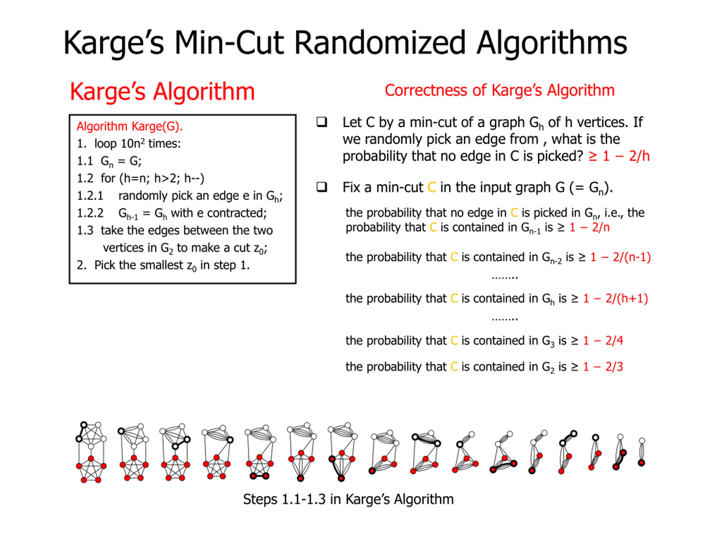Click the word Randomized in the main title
(380, 43)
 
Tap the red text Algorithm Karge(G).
(129, 126)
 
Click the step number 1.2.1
(90, 196)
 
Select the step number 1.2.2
(90, 213)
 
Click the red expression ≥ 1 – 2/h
(618, 156)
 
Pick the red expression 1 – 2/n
(589, 227)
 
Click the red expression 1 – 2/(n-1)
(620, 257)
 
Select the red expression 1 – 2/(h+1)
(615, 299)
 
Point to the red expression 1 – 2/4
(603, 341)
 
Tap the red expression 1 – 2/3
(603, 367)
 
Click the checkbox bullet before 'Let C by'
(322, 122)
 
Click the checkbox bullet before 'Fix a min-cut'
(322, 187)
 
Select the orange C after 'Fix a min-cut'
(432, 187)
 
